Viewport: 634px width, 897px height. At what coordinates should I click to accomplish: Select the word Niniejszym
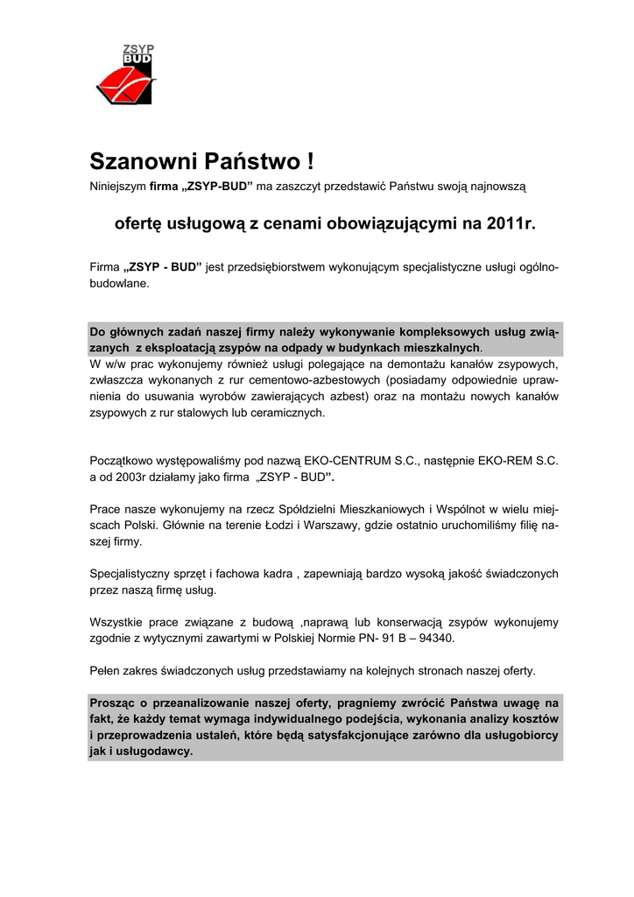tap(118, 187)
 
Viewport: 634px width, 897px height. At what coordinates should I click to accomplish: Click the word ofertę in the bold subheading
tap(137, 223)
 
